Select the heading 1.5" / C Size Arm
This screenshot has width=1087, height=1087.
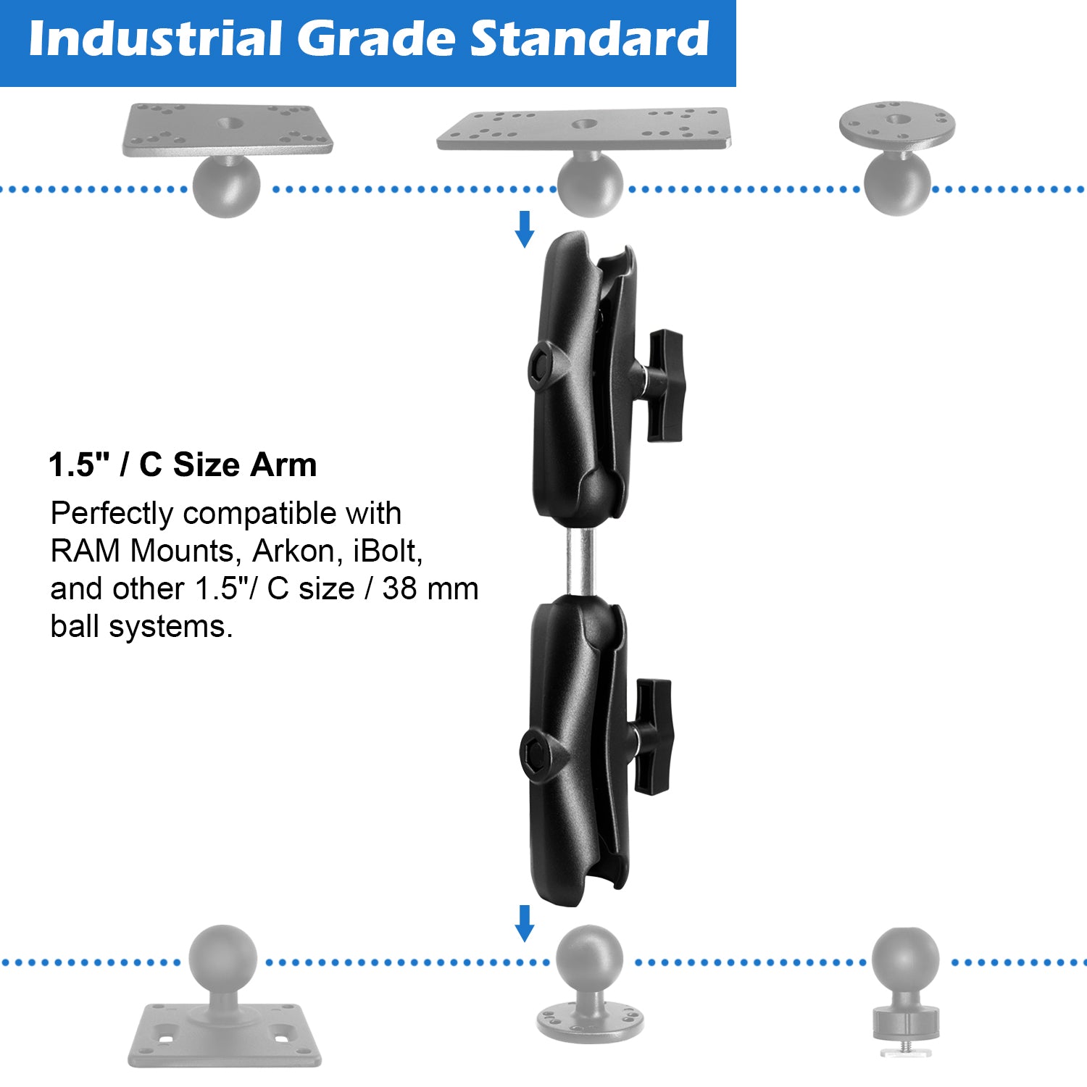coord(183,465)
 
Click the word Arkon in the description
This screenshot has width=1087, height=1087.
coord(293,551)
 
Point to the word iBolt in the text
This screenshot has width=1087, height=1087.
coord(387,551)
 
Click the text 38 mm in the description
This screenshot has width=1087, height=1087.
coord(430,589)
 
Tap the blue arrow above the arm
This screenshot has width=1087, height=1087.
coord(524,229)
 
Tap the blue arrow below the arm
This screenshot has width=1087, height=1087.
coord(524,923)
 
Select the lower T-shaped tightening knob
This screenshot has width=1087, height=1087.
coord(653,736)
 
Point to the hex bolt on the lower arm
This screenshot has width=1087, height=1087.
coord(535,753)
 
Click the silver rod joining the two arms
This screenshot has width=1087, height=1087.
coord(580,562)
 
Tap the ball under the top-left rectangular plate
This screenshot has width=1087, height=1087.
coord(226,186)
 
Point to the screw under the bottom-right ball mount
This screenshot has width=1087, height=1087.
coord(905,1049)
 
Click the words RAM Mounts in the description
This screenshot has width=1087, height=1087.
coord(142,551)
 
